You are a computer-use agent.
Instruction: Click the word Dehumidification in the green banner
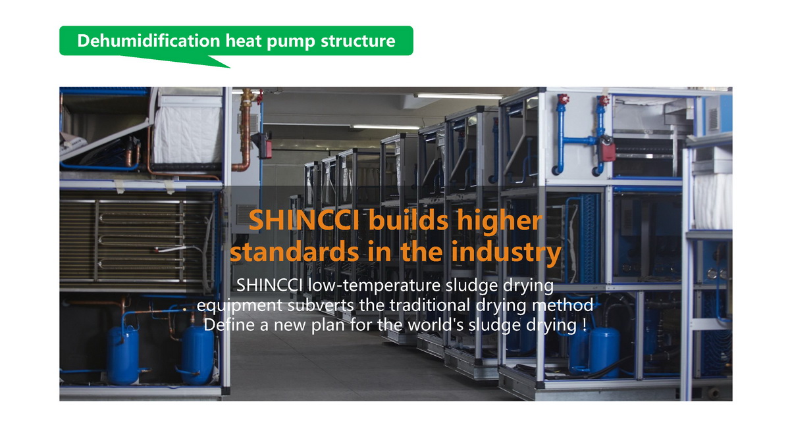coord(149,41)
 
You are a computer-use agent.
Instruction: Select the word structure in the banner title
coord(358,41)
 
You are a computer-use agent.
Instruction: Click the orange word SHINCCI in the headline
coord(304,220)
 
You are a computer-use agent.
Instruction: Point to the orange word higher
coord(500,221)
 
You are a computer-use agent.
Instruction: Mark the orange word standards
coord(295,253)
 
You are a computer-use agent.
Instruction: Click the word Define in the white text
coord(230,325)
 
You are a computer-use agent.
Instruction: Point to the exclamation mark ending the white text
coord(585,325)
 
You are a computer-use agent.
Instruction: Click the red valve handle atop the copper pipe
coord(259,97)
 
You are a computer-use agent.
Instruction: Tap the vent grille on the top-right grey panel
coord(713,119)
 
